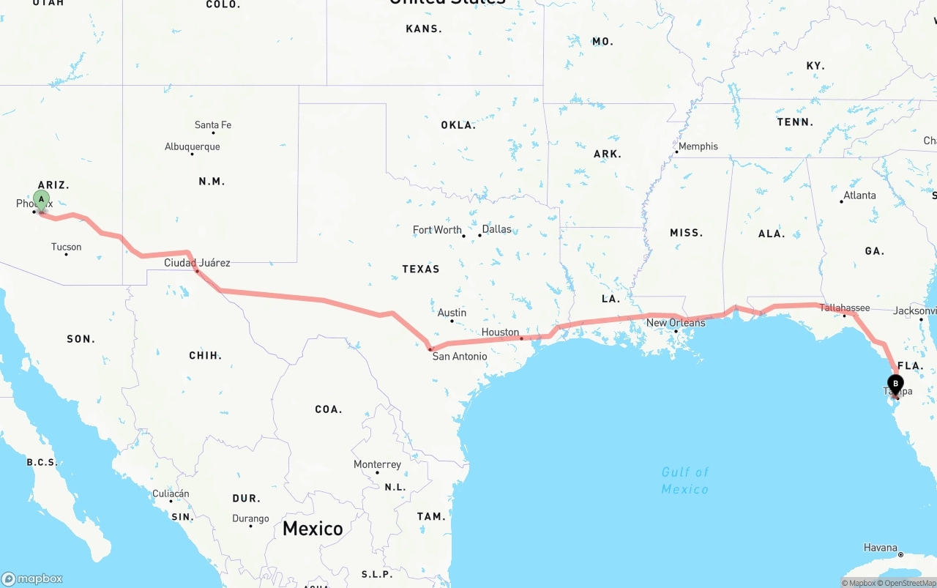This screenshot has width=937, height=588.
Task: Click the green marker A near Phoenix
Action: (42, 199)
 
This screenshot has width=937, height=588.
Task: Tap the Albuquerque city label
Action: (192, 146)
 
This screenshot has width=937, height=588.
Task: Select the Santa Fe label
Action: (213, 125)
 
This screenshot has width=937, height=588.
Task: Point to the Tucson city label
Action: (67, 247)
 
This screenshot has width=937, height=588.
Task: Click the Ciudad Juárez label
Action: (197, 263)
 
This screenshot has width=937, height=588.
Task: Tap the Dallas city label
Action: (496, 229)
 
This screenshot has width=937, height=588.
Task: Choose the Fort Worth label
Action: (437, 230)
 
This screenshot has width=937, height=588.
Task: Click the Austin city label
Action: (452, 313)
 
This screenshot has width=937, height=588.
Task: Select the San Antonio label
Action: (459, 357)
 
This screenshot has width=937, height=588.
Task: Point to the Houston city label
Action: (500, 332)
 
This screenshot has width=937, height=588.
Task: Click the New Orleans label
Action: (676, 323)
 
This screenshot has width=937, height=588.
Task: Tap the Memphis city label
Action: (698, 146)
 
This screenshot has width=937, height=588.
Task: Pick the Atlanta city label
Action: (859, 196)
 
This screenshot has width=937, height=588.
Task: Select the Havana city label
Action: (880, 548)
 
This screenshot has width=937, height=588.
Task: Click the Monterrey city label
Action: (377, 465)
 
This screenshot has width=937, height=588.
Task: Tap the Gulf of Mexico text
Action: (685, 480)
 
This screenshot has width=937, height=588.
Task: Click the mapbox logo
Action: (32, 578)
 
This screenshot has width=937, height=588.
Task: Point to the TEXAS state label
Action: (421, 269)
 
